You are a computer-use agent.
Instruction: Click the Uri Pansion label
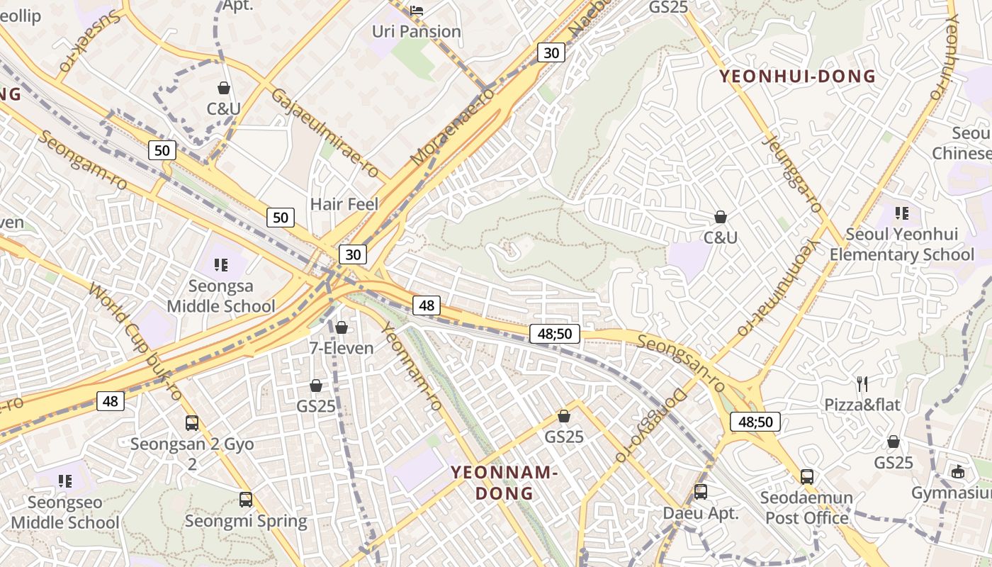[417, 32]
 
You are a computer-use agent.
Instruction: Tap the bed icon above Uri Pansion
[417, 10]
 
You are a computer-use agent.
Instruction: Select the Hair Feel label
[344, 205]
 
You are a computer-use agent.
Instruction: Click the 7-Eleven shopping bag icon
[342, 327]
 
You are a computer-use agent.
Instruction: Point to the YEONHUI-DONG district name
[798, 77]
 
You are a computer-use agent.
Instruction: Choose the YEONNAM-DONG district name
[505, 483]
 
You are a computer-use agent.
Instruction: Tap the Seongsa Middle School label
[221, 296]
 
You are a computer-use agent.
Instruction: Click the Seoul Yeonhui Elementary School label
[902, 245]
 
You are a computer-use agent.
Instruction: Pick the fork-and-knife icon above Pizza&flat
[862, 384]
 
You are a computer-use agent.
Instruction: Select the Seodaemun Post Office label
[806, 507]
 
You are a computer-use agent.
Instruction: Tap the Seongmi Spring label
[246, 522]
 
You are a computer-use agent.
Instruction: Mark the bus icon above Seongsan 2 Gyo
[192, 423]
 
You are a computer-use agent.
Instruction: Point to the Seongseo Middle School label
[65, 512]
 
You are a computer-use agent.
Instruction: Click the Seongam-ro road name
[82, 160]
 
